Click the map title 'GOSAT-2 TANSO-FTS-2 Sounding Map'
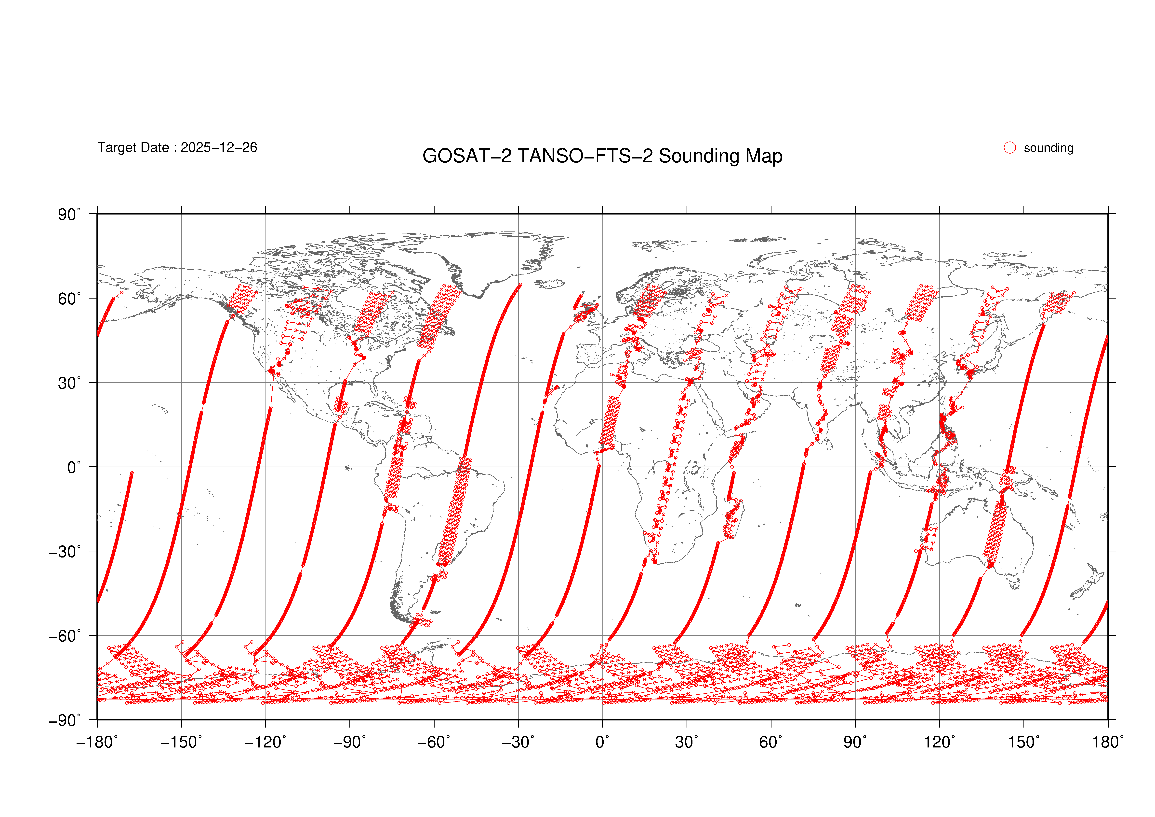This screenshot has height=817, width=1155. pos(602,156)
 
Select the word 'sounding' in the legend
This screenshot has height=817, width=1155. pos(1048,148)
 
